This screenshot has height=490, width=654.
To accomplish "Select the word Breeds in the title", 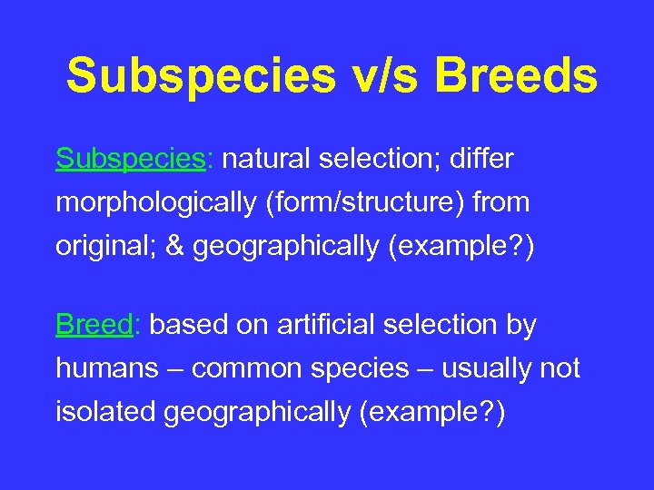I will [x=516, y=76].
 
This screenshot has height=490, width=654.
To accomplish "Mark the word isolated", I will [x=106, y=412].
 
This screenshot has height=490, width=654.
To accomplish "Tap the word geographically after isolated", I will [x=257, y=412].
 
